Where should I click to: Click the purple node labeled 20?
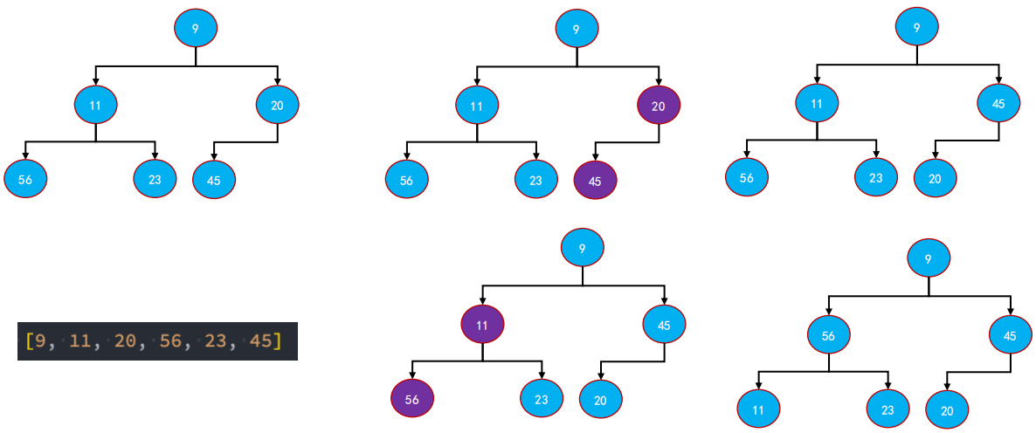(659, 107)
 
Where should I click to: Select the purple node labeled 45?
(595, 182)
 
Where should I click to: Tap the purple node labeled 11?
(482, 325)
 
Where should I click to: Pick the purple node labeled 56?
(411, 399)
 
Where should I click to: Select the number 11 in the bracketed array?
(79, 340)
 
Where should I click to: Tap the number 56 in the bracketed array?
(170, 340)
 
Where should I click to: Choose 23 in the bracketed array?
(216, 340)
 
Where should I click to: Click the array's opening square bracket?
(28, 340)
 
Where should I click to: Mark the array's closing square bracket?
(279, 340)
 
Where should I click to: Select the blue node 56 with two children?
(829, 333)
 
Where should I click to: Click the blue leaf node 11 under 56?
(758, 408)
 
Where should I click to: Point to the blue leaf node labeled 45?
(214, 180)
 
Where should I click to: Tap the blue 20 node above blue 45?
(277, 106)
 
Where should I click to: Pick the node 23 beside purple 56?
(542, 400)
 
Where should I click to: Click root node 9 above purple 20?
(577, 29)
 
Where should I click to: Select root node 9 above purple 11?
(583, 249)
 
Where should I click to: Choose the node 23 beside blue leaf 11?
(888, 408)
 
